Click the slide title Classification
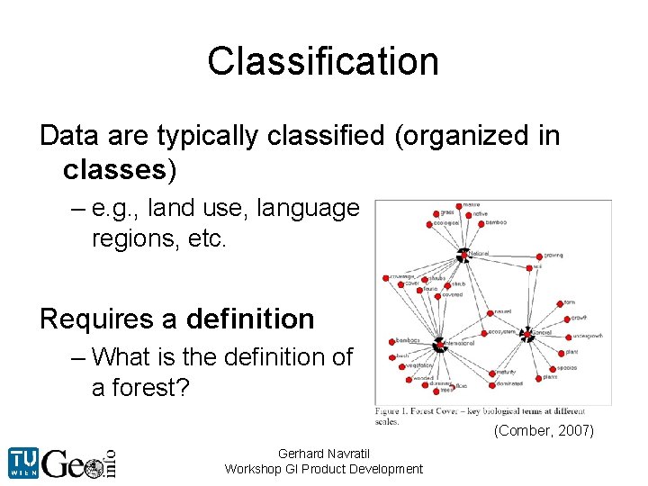click(x=323, y=61)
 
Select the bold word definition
click(x=250, y=319)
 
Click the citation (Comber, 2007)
click(x=544, y=431)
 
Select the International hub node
click(x=439, y=345)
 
